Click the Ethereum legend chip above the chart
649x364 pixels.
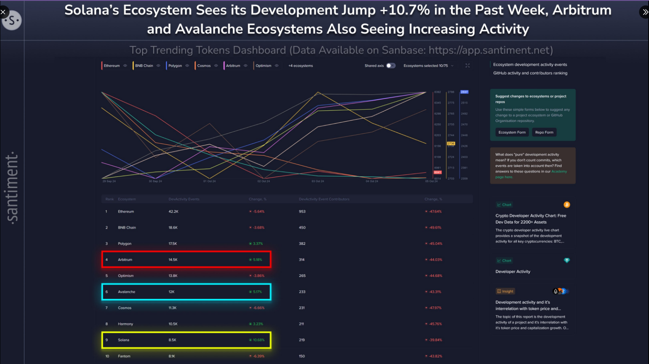click(112, 66)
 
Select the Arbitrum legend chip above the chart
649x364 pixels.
click(233, 66)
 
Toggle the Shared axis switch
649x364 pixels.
click(391, 66)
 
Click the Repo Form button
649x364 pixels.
click(544, 132)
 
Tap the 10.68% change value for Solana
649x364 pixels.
click(258, 340)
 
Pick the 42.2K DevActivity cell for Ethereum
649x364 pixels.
click(173, 212)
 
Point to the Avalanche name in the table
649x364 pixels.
click(126, 292)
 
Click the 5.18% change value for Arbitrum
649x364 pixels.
click(257, 260)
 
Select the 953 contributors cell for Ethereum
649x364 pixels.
click(302, 212)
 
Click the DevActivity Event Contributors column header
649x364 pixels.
click(324, 199)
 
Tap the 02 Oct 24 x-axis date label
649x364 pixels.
click(264, 181)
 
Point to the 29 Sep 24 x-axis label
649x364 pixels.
click(109, 181)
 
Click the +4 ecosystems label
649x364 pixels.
click(301, 66)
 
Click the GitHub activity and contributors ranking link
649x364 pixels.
click(530, 73)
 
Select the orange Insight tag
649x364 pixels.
click(505, 291)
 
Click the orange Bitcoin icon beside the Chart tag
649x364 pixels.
click(567, 205)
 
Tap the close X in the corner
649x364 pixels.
click(3, 12)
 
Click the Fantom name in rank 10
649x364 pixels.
click(124, 356)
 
